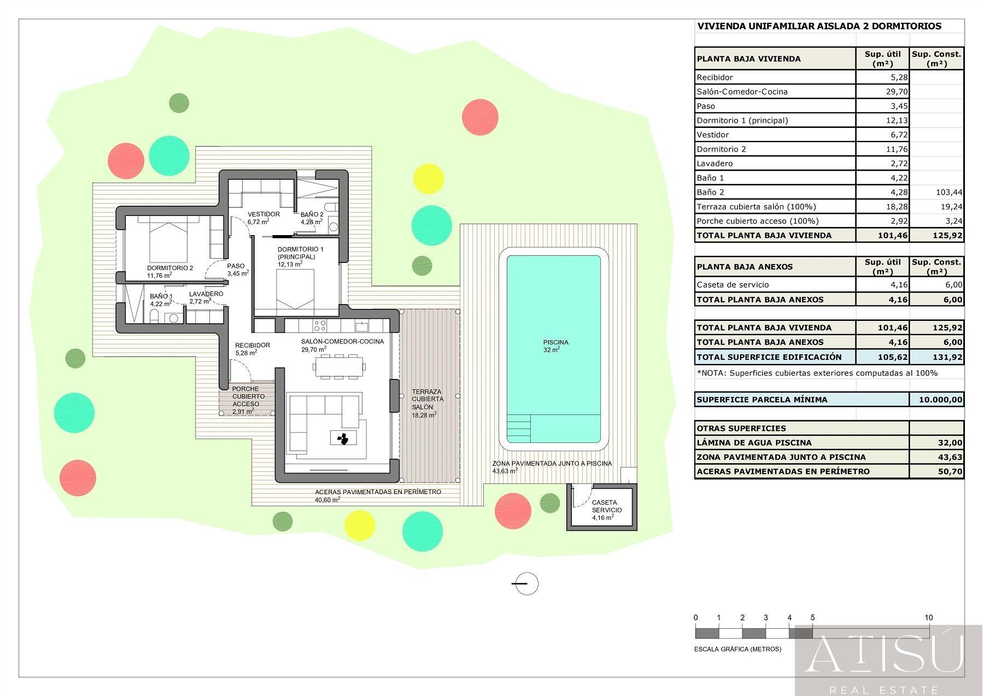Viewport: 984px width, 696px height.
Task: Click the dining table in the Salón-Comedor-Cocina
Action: [338, 366]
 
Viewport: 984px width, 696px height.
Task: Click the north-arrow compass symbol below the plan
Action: [526, 583]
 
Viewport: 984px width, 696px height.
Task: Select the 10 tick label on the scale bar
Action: [928, 618]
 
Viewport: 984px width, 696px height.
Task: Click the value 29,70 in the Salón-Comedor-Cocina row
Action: [897, 92]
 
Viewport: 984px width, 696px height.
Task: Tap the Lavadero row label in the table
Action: [714, 163]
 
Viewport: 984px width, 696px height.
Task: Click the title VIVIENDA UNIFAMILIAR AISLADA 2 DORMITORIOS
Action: [819, 26]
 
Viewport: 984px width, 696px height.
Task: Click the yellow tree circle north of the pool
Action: [428, 179]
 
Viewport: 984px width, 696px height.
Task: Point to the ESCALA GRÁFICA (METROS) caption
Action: [737, 649]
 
